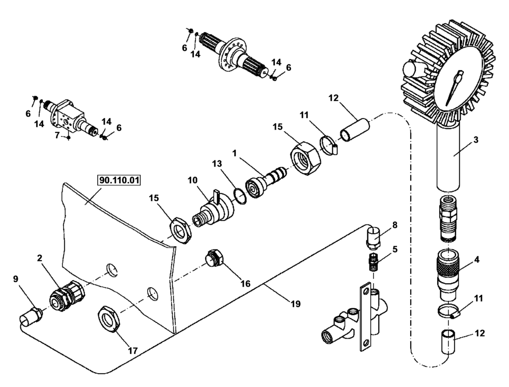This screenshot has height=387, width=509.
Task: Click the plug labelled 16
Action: click(214, 258)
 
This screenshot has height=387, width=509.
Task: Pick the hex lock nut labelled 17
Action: click(108, 318)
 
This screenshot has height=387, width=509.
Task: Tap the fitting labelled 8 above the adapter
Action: click(373, 237)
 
